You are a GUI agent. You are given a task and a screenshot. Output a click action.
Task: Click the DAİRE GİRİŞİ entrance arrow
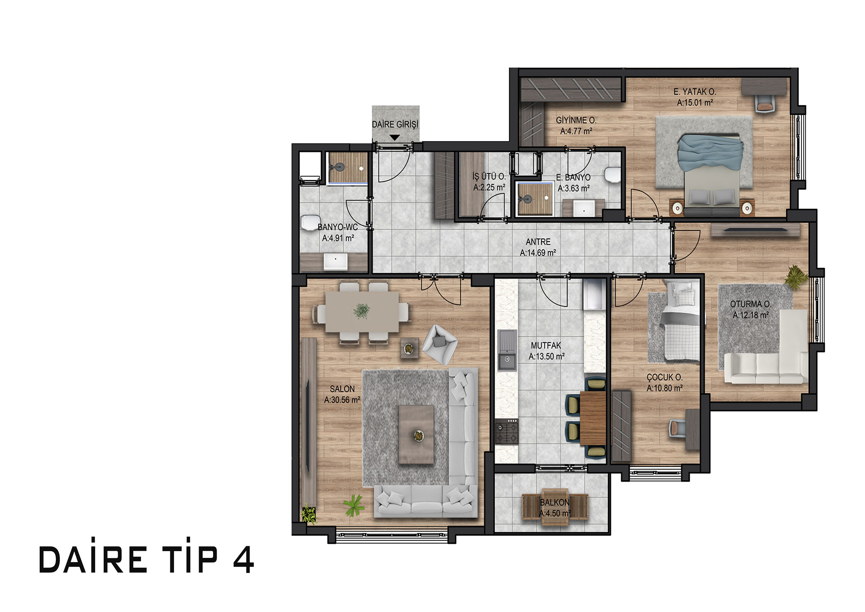(395, 138)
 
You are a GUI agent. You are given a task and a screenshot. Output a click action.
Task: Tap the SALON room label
(342, 389)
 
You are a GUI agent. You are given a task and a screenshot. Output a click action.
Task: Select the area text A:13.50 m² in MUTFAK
(546, 356)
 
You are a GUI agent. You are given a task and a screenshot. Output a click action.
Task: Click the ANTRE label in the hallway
(538, 242)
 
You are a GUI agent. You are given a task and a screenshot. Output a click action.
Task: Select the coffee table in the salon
(417, 434)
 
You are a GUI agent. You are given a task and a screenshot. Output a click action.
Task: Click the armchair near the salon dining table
(439, 344)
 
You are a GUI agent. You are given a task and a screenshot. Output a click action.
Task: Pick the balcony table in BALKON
(555, 507)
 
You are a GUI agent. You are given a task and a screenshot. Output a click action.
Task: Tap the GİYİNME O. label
(576, 120)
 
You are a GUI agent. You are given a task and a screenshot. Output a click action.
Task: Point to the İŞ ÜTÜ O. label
(489, 177)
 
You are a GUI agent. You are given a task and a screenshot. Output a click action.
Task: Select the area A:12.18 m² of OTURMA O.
(751, 315)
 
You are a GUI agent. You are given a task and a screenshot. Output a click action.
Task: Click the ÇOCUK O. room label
(665, 377)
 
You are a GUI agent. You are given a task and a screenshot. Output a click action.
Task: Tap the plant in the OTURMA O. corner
(796, 276)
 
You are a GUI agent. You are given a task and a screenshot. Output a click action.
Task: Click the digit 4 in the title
(244, 560)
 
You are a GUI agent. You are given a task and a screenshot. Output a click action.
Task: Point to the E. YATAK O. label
(695, 91)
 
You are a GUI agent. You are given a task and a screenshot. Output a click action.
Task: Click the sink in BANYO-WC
(335, 262)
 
